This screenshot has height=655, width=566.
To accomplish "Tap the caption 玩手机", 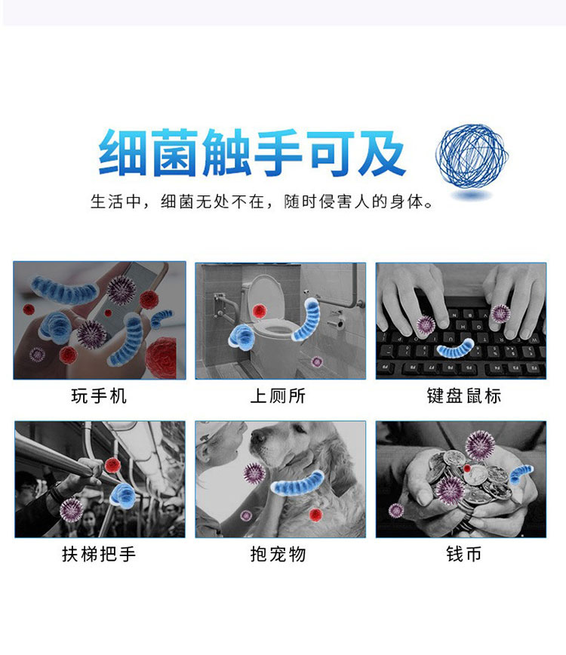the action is (x=99, y=396).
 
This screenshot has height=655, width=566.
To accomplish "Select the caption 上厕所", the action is (x=278, y=396).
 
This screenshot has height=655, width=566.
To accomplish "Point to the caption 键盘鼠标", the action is (x=463, y=396).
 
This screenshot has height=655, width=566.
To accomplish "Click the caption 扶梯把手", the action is (x=99, y=555).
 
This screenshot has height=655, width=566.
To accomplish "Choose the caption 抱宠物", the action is (x=278, y=555).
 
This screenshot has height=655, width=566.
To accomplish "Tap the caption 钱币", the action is (x=463, y=555).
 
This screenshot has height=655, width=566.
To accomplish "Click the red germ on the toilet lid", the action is (x=260, y=311).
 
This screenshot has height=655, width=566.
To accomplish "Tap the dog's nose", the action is (x=257, y=437).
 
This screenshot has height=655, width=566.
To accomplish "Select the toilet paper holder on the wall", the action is (x=337, y=321).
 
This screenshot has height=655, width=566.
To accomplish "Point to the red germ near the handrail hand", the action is (x=112, y=465).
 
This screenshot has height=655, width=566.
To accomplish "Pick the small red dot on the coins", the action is (x=467, y=469).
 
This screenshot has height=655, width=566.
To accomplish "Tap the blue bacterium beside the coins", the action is (x=521, y=474).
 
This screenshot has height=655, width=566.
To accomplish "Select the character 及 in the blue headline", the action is (x=382, y=152).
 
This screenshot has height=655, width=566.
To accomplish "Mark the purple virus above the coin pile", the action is (x=480, y=445).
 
